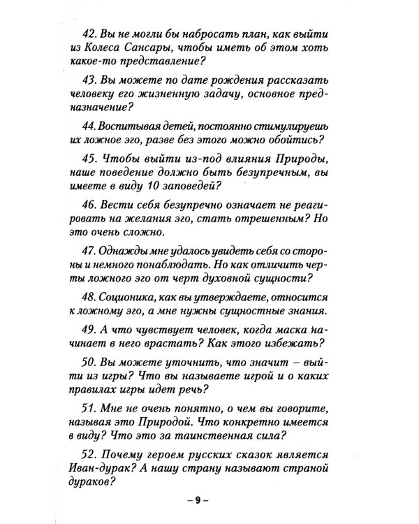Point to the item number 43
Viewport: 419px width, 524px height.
(x=93, y=80)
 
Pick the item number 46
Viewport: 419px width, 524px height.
(x=93, y=203)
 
